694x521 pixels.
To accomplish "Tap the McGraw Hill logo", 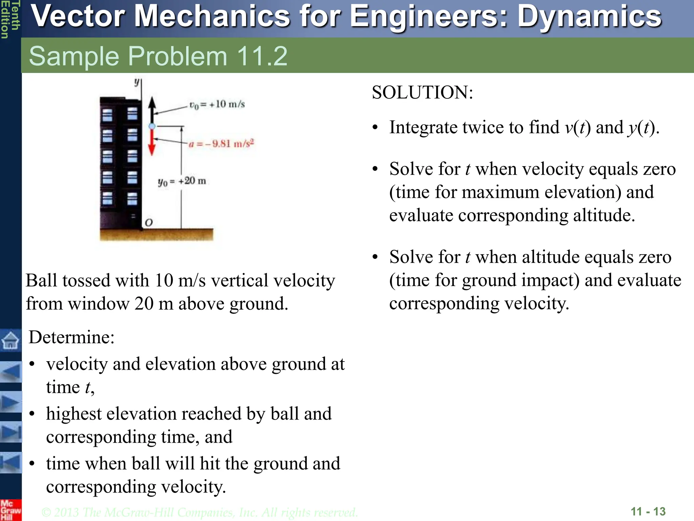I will click(10, 510).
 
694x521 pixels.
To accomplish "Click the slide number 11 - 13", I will click(648, 511).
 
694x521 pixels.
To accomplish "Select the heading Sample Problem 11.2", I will click(158, 56).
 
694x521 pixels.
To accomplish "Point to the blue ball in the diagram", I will click(152, 126).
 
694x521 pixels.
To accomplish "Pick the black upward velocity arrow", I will click(152, 109).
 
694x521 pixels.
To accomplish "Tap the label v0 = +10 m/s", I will click(217, 104).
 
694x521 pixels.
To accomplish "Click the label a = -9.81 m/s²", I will click(221, 144).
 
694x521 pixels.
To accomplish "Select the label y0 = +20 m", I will click(182, 181).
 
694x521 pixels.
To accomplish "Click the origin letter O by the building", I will click(149, 223).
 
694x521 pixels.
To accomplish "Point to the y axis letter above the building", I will click(137, 82).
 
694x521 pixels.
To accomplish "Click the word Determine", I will click(71, 337).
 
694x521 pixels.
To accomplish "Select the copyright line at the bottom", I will click(199, 512).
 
